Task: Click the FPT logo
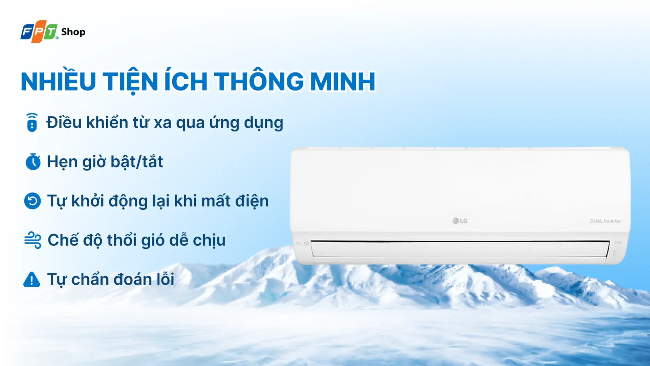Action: (39, 32)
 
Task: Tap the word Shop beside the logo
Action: (73, 32)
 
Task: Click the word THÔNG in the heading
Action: (259, 82)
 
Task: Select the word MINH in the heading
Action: (343, 82)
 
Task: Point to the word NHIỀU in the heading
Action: (59, 82)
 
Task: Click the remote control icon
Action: (32, 122)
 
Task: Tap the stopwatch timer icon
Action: (33, 162)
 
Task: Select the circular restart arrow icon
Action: (32, 201)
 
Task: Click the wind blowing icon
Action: (33, 240)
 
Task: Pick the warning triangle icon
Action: (32, 280)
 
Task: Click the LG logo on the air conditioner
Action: (460, 221)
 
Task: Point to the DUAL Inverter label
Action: (605, 221)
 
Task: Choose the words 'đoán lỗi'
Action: (144, 280)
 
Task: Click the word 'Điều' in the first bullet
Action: (64, 122)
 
